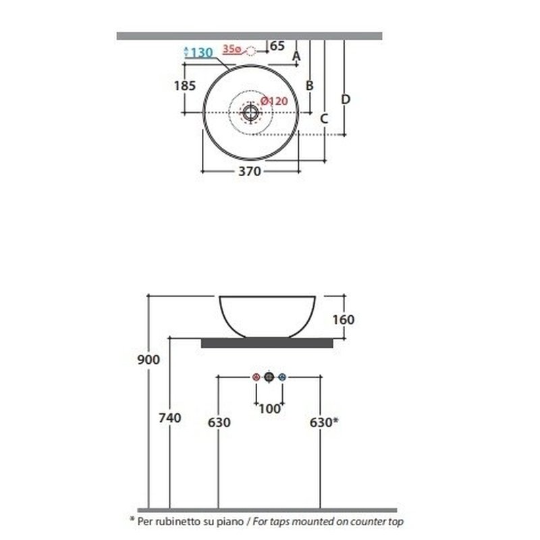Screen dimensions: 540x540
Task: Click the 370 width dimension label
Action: (250, 171)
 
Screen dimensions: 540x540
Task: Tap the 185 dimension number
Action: (184, 86)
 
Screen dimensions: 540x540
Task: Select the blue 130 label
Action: (202, 53)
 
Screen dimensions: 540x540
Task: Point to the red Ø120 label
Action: (274, 101)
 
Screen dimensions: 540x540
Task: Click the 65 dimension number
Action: (277, 46)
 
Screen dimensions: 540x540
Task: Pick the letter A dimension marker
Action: (296, 56)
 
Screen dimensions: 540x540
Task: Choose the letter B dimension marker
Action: (310, 86)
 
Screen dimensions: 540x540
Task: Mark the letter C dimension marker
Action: (324, 119)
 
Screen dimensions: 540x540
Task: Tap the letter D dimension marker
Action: (346, 99)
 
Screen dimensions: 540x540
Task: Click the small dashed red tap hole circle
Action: (251, 51)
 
